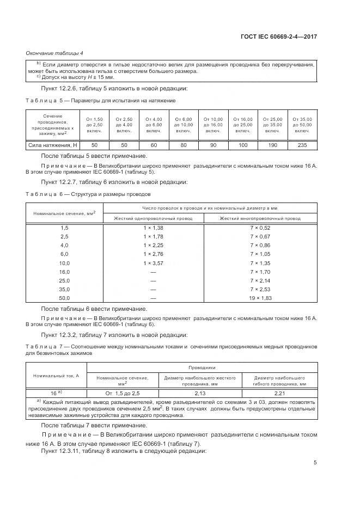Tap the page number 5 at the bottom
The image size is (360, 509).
[315, 463]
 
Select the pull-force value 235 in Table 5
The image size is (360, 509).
[302, 145]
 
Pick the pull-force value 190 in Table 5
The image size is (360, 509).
[273, 145]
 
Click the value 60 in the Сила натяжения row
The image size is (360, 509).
[154, 145]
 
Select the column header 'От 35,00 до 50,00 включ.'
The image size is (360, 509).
[302, 125]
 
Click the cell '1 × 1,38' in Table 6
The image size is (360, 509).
[153, 228]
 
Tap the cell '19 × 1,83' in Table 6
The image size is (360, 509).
[260, 298]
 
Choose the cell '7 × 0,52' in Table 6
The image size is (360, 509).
[260, 228]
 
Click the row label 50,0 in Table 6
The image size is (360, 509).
[65, 298]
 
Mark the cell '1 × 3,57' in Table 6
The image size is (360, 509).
[153, 262]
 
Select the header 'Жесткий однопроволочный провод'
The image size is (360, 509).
[153, 218]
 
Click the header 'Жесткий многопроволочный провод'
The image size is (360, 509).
[260, 218]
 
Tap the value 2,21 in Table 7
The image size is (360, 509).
[279, 392]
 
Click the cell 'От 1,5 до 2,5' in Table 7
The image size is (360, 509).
[123, 392]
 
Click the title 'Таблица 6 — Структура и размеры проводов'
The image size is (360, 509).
[89, 193]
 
